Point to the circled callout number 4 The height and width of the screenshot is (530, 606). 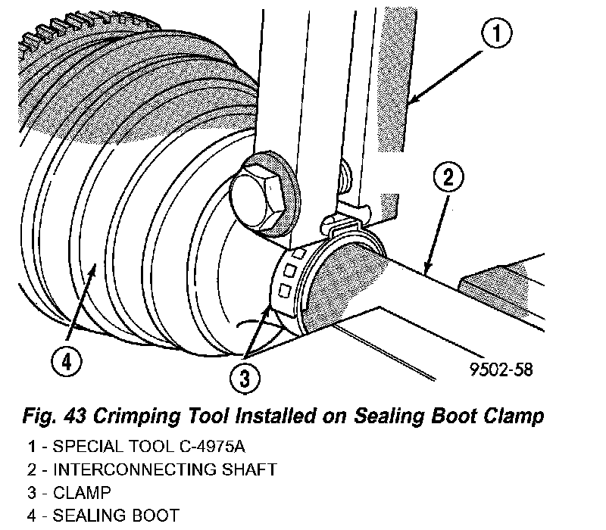pos(67,363)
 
